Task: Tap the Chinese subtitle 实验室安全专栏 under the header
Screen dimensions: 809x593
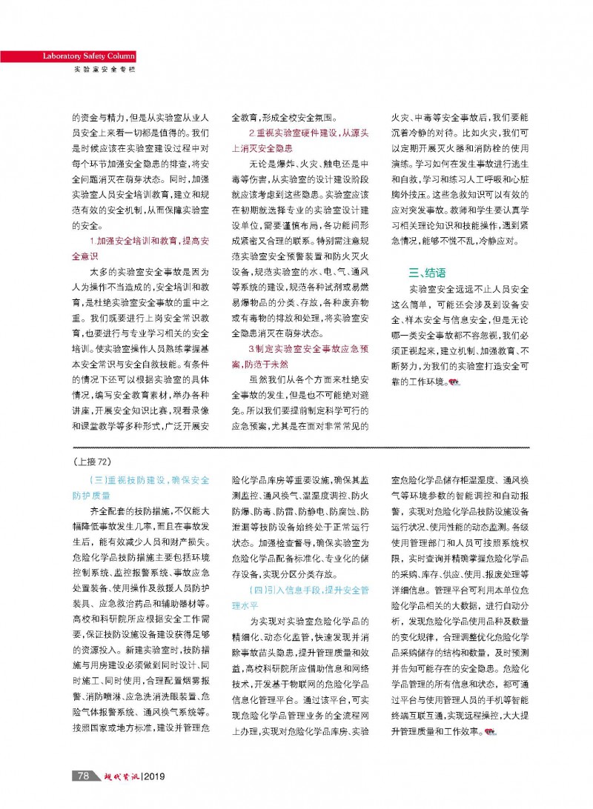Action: point(105,69)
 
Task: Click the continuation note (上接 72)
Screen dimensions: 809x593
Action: point(93,460)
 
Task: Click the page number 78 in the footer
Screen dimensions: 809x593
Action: point(83,775)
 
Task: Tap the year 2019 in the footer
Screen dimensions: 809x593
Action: point(152,776)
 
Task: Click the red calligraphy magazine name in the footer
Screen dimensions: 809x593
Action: point(116,775)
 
